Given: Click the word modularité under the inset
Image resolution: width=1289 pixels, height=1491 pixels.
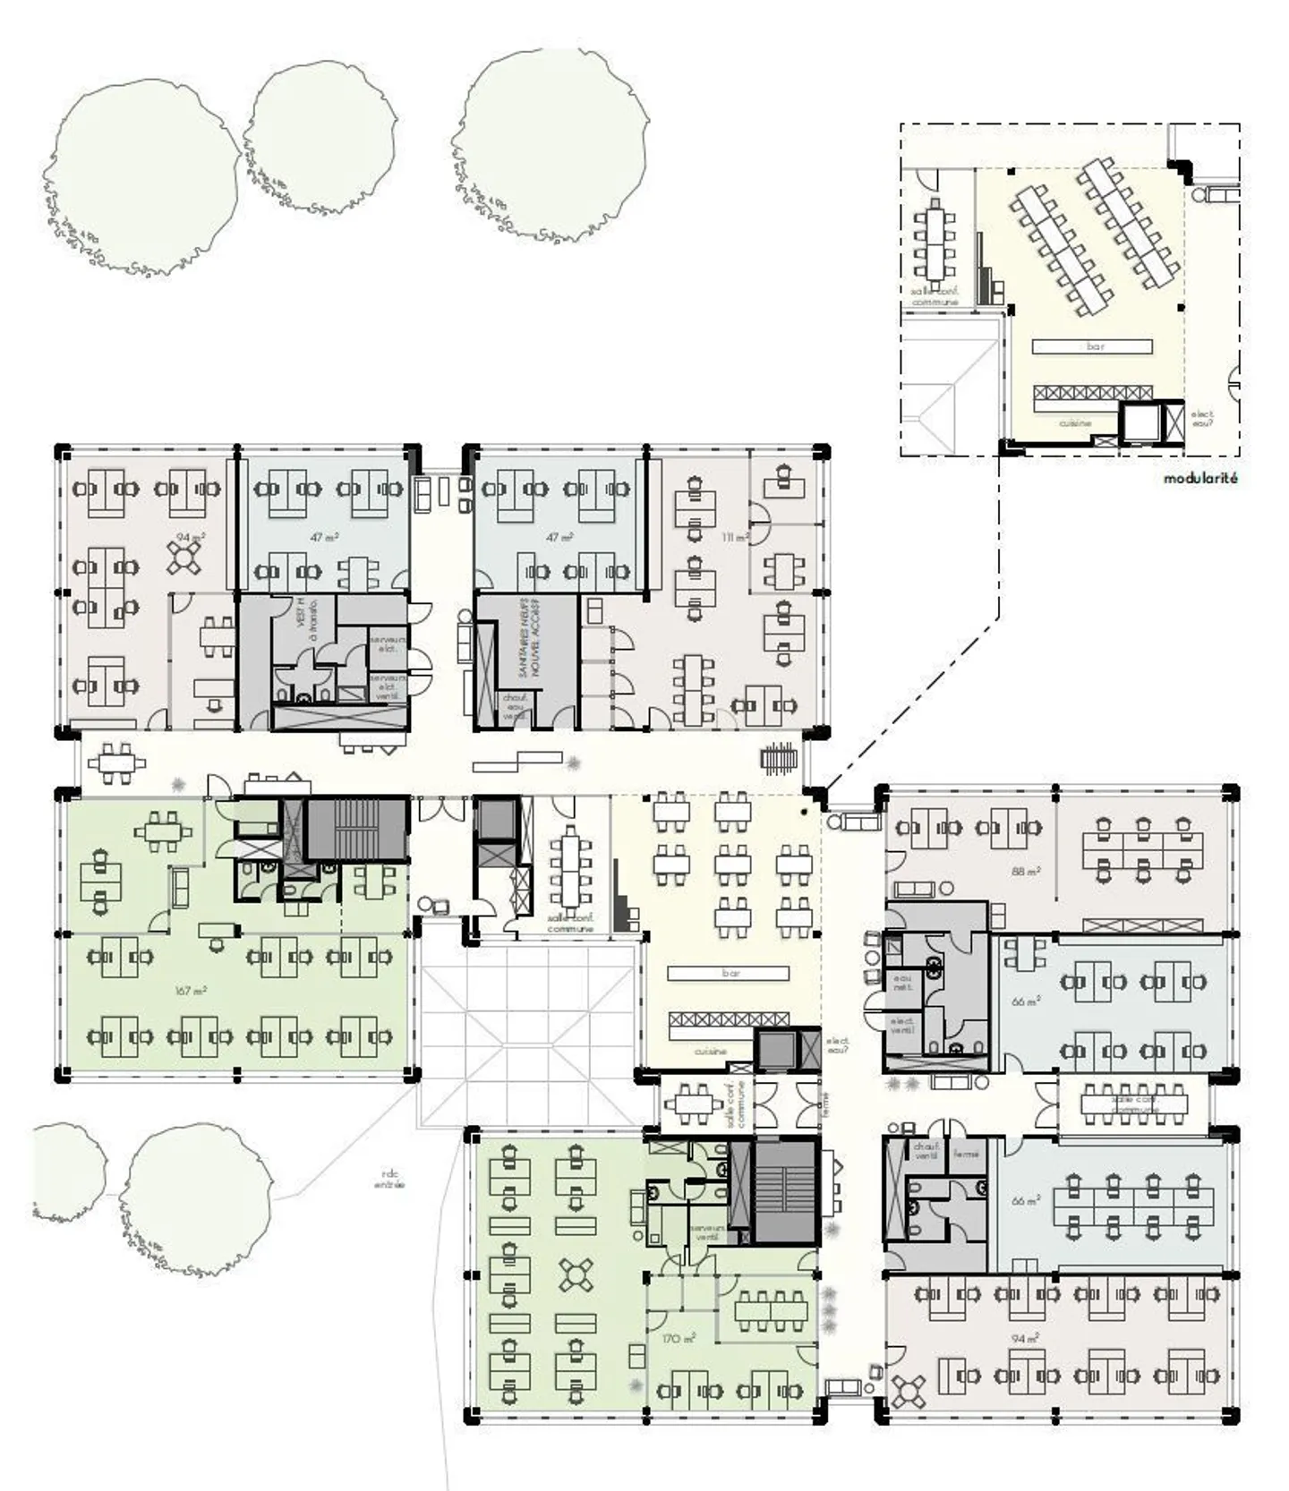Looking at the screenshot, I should tap(1200, 479).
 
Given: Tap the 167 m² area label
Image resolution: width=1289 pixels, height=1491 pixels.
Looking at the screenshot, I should tap(192, 991).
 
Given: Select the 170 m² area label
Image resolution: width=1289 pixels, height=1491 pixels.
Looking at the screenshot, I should tap(679, 1339).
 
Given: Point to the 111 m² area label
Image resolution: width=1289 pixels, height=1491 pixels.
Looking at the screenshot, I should tap(735, 537).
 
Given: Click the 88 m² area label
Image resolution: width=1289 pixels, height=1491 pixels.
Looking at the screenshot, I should tap(1026, 870).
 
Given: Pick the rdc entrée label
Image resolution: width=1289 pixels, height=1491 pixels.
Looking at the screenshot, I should tap(389, 1180).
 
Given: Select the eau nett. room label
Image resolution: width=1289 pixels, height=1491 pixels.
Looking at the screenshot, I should tap(902, 982).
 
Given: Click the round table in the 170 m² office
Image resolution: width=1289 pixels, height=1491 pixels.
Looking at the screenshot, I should tap(576, 1274).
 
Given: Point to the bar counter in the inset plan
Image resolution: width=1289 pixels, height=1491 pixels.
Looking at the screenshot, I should tap(1092, 346).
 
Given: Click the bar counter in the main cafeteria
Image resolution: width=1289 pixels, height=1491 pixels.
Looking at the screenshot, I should tap(730, 973).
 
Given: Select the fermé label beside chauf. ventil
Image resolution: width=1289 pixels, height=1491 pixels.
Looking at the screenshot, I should tap(966, 1154).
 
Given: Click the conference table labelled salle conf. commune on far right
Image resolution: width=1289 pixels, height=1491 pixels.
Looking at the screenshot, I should tap(1133, 1103).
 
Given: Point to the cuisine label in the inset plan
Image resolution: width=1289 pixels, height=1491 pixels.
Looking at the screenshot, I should tap(1074, 423).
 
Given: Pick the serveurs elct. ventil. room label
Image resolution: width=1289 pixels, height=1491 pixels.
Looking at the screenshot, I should tap(388, 687).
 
